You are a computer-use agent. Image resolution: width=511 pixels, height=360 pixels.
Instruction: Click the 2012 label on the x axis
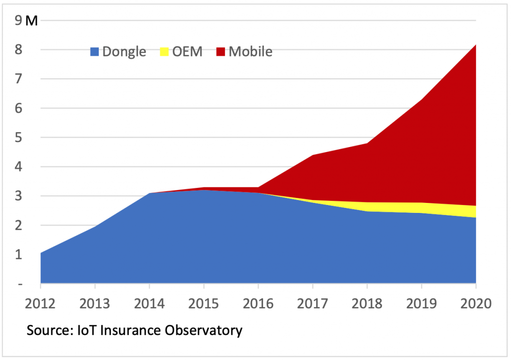pyautogui.click(x=40, y=303)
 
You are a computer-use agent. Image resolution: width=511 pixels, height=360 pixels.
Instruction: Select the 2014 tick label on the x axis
pyautogui.click(x=149, y=303)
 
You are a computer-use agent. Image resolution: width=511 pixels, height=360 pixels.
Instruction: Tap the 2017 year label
pyautogui.click(x=313, y=303)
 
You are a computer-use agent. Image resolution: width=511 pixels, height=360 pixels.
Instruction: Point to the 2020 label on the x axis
pyautogui.click(x=476, y=303)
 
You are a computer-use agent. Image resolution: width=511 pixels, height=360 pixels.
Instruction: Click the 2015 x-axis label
pyautogui.click(x=204, y=303)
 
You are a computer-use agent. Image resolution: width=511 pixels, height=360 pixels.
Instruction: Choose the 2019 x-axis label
pyautogui.click(x=421, y=303)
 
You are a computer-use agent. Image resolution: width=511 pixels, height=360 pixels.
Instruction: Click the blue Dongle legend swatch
pyautogui.click(x=95, y=51)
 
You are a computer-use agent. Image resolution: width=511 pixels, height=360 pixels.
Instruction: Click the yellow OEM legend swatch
pyautogui.click(x=164, y=51)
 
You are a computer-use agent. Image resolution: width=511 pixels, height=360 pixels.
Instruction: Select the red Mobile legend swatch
pyautogui.click(x=221, y=51)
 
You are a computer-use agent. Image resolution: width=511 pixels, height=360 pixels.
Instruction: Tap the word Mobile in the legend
pyautogui.click(x=251, y=51)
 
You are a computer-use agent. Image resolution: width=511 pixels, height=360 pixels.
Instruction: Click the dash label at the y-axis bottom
pyautogui.click(x=19, y=284)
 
